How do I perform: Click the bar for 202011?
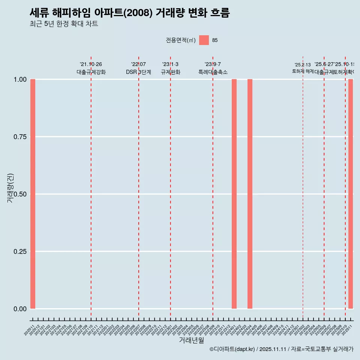[33, 194]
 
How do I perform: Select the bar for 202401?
[234, 194]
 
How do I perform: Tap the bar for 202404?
[250, 194]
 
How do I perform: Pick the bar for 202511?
[351, 194]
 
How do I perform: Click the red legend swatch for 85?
[204, 40]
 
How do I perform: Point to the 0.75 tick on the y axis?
[20, 137]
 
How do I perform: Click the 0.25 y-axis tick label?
[20, 252]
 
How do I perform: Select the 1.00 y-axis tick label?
[20, 79]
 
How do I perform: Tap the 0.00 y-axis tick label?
[20, 309]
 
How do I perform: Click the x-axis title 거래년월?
[191, 340]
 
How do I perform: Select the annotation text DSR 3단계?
[138, 72]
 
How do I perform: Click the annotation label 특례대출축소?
[213, 72]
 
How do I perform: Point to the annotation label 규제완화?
[170, 72]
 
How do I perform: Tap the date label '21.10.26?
[91, 64]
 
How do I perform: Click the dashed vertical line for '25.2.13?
[303, 187]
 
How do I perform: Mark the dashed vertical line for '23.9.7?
[213, 187]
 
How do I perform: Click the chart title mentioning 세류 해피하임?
[129, 13]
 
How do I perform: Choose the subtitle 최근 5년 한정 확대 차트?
[64, 24]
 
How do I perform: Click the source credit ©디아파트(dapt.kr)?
[232, 349]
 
